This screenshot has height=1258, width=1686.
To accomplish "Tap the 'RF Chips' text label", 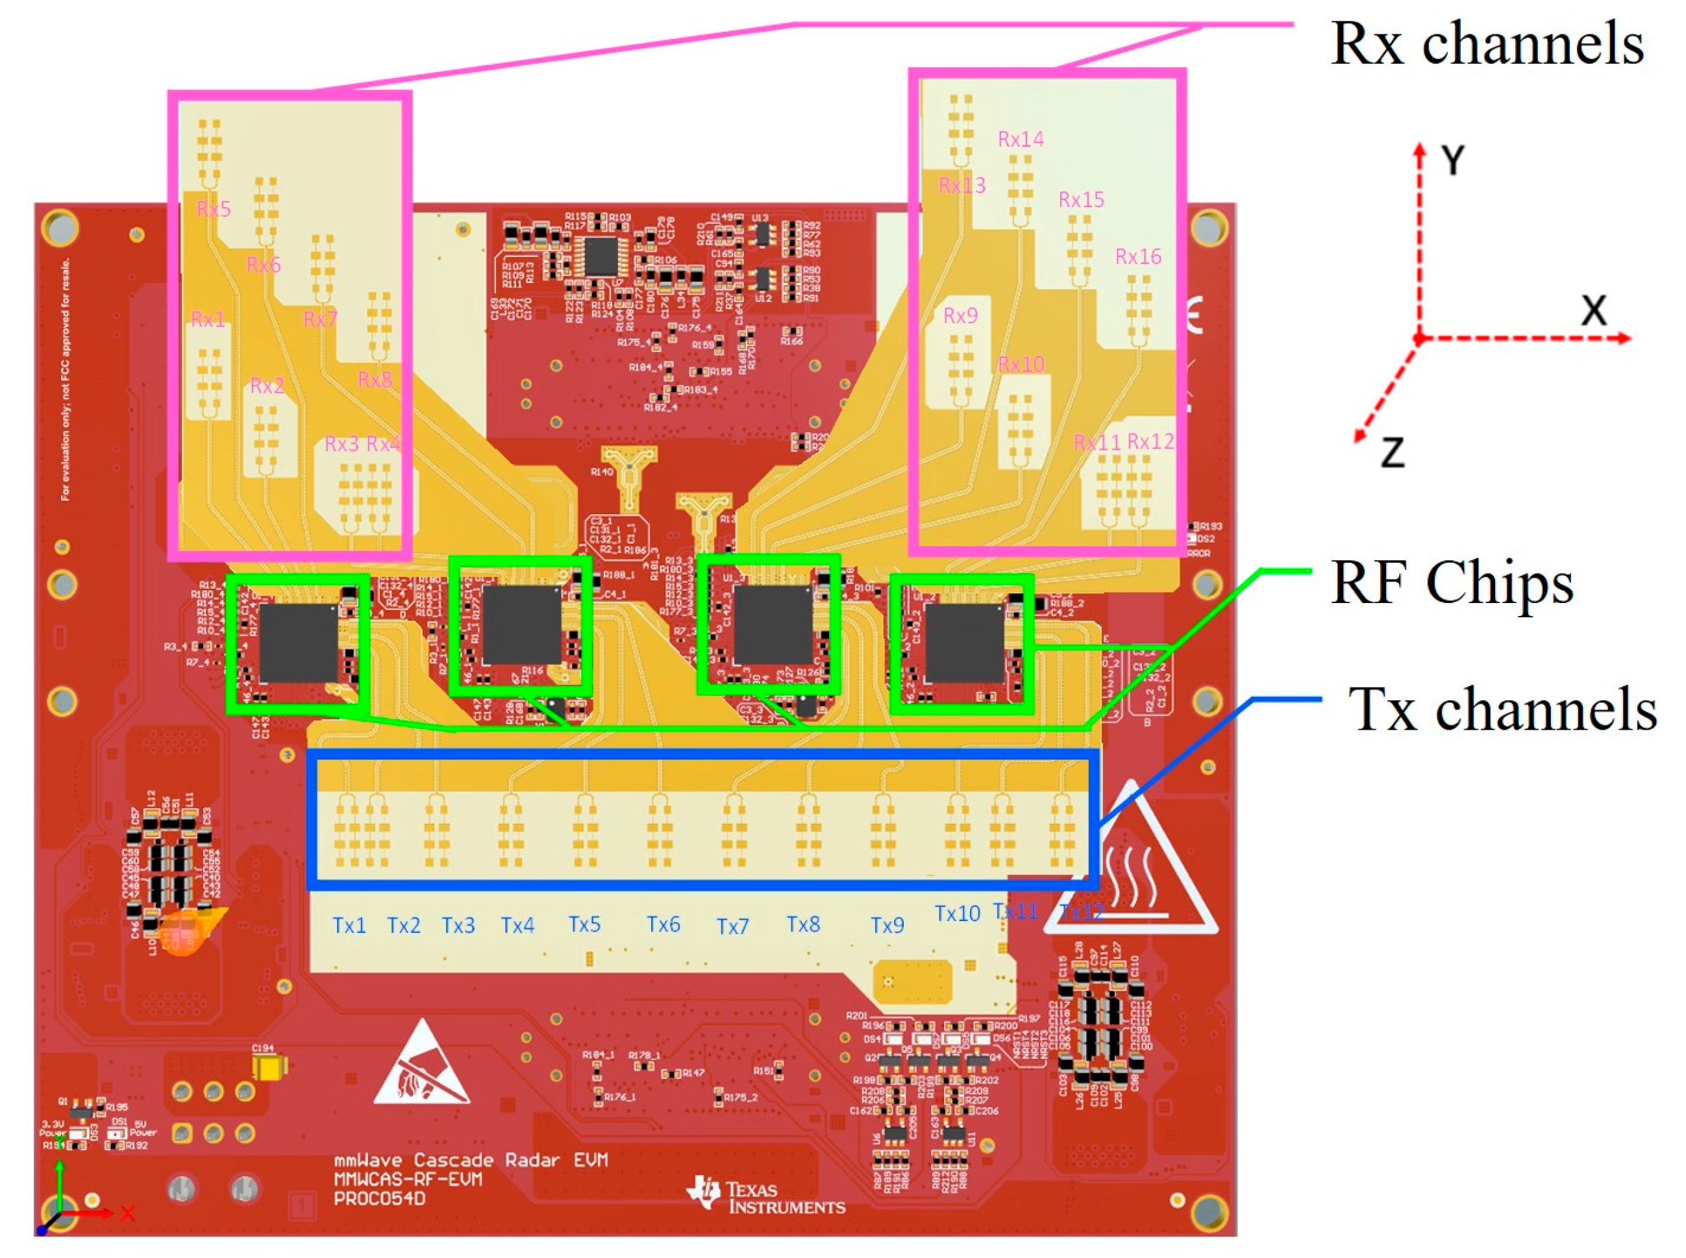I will [x=1451, y=582].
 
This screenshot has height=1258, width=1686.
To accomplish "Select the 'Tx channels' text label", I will [x=1502, y=709].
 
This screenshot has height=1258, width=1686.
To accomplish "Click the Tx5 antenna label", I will [x=584, y=924].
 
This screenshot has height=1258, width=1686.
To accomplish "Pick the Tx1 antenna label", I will [x=349, y=925].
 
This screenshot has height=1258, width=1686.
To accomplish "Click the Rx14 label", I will [x=1021, y=140].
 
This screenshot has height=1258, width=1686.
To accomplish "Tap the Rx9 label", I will [x=960, y=315].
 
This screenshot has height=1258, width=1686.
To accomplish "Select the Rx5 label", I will [x=213, y=208].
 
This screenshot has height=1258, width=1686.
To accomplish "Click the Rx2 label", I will [x=267, y=386].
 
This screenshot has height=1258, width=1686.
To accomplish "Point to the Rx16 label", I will [x=1137, y=256].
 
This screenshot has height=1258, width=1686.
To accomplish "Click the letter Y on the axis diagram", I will [x=1452, y=161].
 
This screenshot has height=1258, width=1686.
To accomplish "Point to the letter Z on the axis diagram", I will [x=1392, y=452].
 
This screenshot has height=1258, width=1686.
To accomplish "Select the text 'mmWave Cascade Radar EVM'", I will [x=471, y=1160].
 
